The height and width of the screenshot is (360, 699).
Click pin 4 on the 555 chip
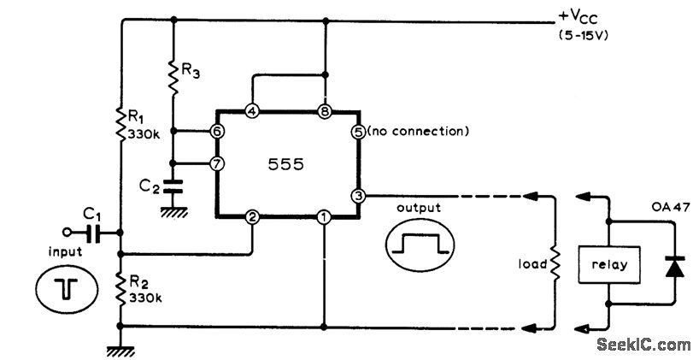coord(251,112)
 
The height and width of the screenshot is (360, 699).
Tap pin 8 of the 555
coord(324,112)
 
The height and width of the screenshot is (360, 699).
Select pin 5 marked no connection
coord(358,133)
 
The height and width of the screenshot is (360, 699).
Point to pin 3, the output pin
coord(358,196)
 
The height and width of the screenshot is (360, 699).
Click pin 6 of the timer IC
coord(217,132)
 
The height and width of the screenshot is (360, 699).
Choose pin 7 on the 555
coord(217,163)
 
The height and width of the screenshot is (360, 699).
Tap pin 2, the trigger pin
coord(252,218)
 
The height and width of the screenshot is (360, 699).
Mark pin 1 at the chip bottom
coord(324,218)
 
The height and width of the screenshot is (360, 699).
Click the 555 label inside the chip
coord(286,165)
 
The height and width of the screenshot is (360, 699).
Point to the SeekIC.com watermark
coord(643,344)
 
